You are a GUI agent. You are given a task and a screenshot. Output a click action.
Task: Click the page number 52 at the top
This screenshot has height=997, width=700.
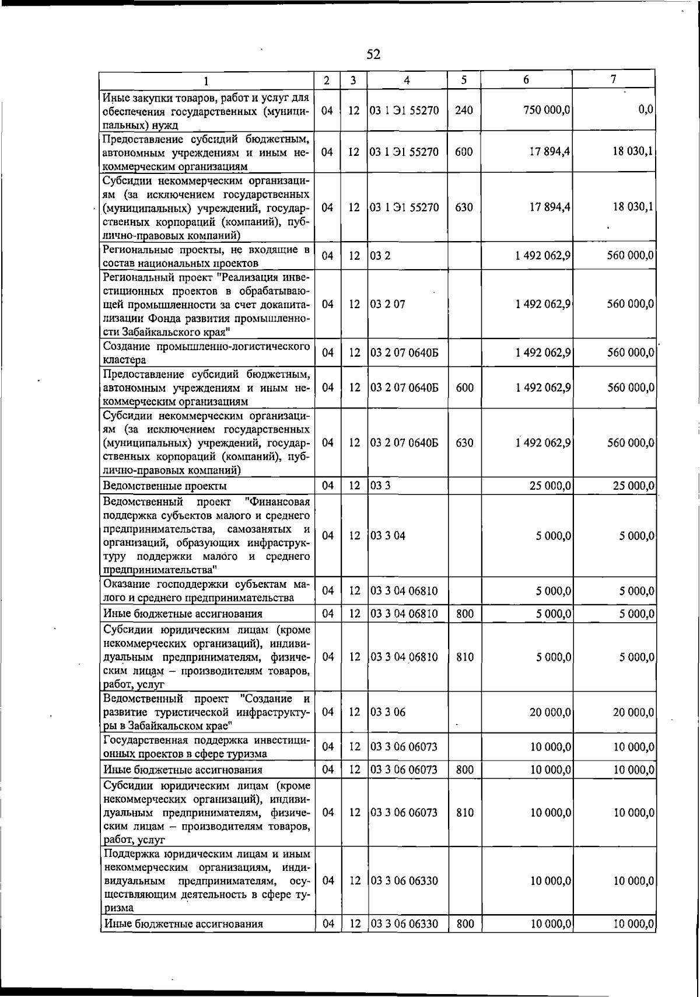pos(373,55)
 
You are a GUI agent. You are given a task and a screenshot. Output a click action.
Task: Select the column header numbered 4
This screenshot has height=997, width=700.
pos(407,81)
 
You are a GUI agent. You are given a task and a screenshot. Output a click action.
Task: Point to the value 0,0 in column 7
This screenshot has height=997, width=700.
pos(646,110)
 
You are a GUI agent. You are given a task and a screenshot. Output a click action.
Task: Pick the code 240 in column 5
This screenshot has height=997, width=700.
pos(464,110)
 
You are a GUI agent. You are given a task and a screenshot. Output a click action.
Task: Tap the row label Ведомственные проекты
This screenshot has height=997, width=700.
pos(165,486)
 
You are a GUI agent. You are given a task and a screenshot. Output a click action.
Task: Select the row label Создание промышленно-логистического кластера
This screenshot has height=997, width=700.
pos(206,353)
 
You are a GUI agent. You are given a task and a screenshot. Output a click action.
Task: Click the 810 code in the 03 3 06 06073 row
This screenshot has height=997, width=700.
pos(465,813)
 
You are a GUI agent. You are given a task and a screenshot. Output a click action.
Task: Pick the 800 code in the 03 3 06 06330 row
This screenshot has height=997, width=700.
pos(465,923)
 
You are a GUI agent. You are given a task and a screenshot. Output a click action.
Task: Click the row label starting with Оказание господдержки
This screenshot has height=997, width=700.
pos(206,591)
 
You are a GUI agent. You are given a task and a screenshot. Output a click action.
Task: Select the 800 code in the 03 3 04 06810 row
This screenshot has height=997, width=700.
pos(465,613)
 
